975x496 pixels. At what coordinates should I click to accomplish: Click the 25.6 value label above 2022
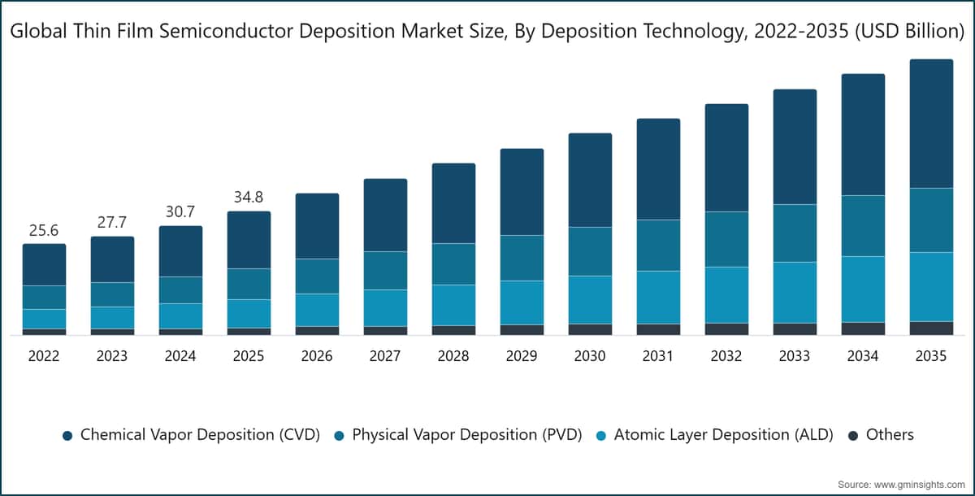click(44, 230)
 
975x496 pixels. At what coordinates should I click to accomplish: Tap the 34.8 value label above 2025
click(249, 198)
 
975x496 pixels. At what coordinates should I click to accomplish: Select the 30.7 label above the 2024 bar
click(180, 212)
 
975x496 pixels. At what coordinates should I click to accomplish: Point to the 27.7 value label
click(112, 223)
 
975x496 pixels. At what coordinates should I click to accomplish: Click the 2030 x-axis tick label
click(590, 356)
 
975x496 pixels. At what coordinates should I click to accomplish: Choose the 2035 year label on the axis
click(931, 356)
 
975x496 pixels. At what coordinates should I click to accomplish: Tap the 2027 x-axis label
click(385, 356)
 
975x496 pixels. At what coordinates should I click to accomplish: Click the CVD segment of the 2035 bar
click(931, 124)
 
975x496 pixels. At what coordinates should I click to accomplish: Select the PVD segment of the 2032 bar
click(727, 239)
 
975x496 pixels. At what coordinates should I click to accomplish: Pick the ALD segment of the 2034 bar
click(863, 289)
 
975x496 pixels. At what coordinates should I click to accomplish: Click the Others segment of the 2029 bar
click(522, 329)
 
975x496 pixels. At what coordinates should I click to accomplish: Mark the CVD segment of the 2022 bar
click(45, 265)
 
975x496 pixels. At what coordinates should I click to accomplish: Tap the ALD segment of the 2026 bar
click(318, 310)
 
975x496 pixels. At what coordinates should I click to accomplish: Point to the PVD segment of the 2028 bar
click(453, 264)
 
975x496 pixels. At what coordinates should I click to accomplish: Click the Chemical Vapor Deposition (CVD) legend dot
click(67, 436)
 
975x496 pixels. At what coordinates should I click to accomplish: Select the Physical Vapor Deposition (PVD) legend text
click(467, 434)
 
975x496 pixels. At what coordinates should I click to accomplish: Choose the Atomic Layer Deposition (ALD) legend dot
click(601, 436)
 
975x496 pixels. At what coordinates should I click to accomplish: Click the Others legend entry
click(882, 434)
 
